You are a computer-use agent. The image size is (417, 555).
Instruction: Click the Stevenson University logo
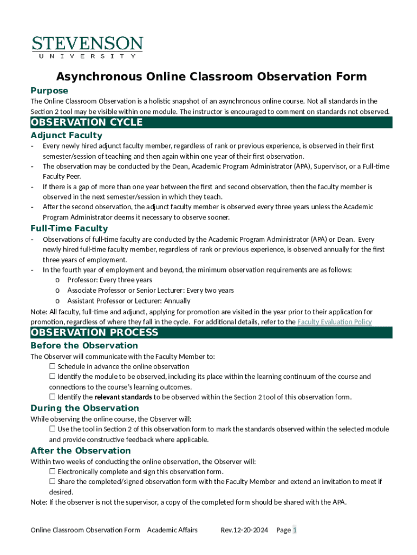87,47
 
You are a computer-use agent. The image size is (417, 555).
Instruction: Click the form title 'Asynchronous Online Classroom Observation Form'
212,76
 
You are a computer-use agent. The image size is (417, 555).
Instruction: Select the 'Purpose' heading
49,91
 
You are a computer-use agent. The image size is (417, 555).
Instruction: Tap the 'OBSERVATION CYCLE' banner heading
87,122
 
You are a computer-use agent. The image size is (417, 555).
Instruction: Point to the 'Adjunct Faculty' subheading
66,135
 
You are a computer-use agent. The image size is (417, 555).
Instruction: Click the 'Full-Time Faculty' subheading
69,228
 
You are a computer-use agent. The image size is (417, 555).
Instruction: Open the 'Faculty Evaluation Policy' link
334,322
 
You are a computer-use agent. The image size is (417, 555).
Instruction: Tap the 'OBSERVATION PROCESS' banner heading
94,333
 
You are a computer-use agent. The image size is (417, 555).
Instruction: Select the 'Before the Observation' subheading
84,345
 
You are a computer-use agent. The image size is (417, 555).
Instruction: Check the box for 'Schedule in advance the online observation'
53,366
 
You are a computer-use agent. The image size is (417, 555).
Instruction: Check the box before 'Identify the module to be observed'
53,377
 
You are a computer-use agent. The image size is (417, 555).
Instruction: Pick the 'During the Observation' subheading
84,408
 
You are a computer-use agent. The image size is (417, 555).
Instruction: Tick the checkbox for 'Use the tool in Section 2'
53,429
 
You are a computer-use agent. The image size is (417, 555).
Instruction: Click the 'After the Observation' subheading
80,450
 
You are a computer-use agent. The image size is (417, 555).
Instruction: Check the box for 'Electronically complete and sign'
53,472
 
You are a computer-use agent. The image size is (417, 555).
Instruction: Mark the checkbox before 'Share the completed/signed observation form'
53,482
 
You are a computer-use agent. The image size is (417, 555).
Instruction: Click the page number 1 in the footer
295,530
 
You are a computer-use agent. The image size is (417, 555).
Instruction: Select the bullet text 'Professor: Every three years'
109,280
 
